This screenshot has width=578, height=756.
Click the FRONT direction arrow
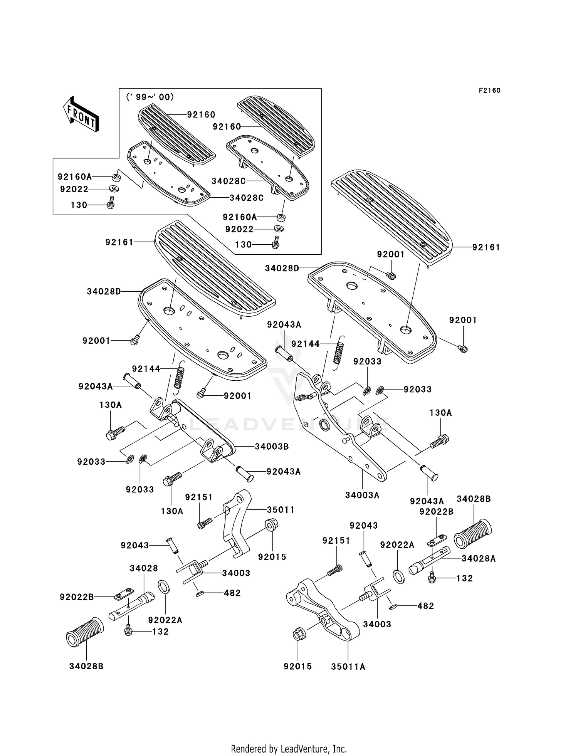point(81,114)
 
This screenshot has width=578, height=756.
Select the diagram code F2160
point(489,91)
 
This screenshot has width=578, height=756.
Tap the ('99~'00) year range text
point(150,97)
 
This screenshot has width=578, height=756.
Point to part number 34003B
point(272,447)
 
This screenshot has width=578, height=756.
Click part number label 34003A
point(362,495)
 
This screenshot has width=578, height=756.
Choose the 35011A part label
point(348,667)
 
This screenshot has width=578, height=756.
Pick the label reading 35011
point(281,510)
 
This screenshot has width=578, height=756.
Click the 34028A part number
point(478,558)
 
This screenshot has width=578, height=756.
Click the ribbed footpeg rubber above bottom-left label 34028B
point(85,633)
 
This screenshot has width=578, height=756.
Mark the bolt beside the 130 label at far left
point(111,202)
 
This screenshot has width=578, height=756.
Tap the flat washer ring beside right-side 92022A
point(398,576)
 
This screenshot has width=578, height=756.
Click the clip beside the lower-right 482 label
point(393,608)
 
